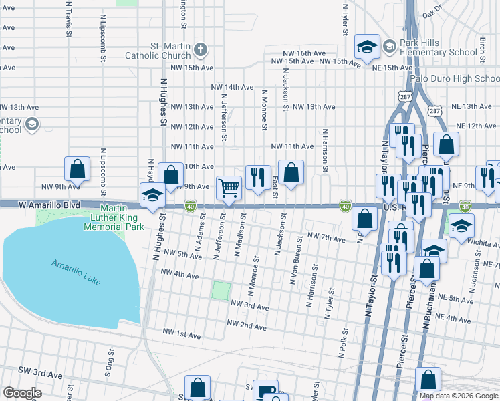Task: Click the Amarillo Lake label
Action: [x=76, y=273]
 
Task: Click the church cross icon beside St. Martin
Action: [x=200, y=49]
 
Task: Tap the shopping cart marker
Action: [x=229, y=188]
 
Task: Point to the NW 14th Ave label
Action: [x=232, y=87]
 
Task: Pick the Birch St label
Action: [x=482, y=48]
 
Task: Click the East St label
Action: [x=275, y=188]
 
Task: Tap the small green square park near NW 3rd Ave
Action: [x=221, y=291]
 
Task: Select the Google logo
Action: [x=23, y=393]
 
